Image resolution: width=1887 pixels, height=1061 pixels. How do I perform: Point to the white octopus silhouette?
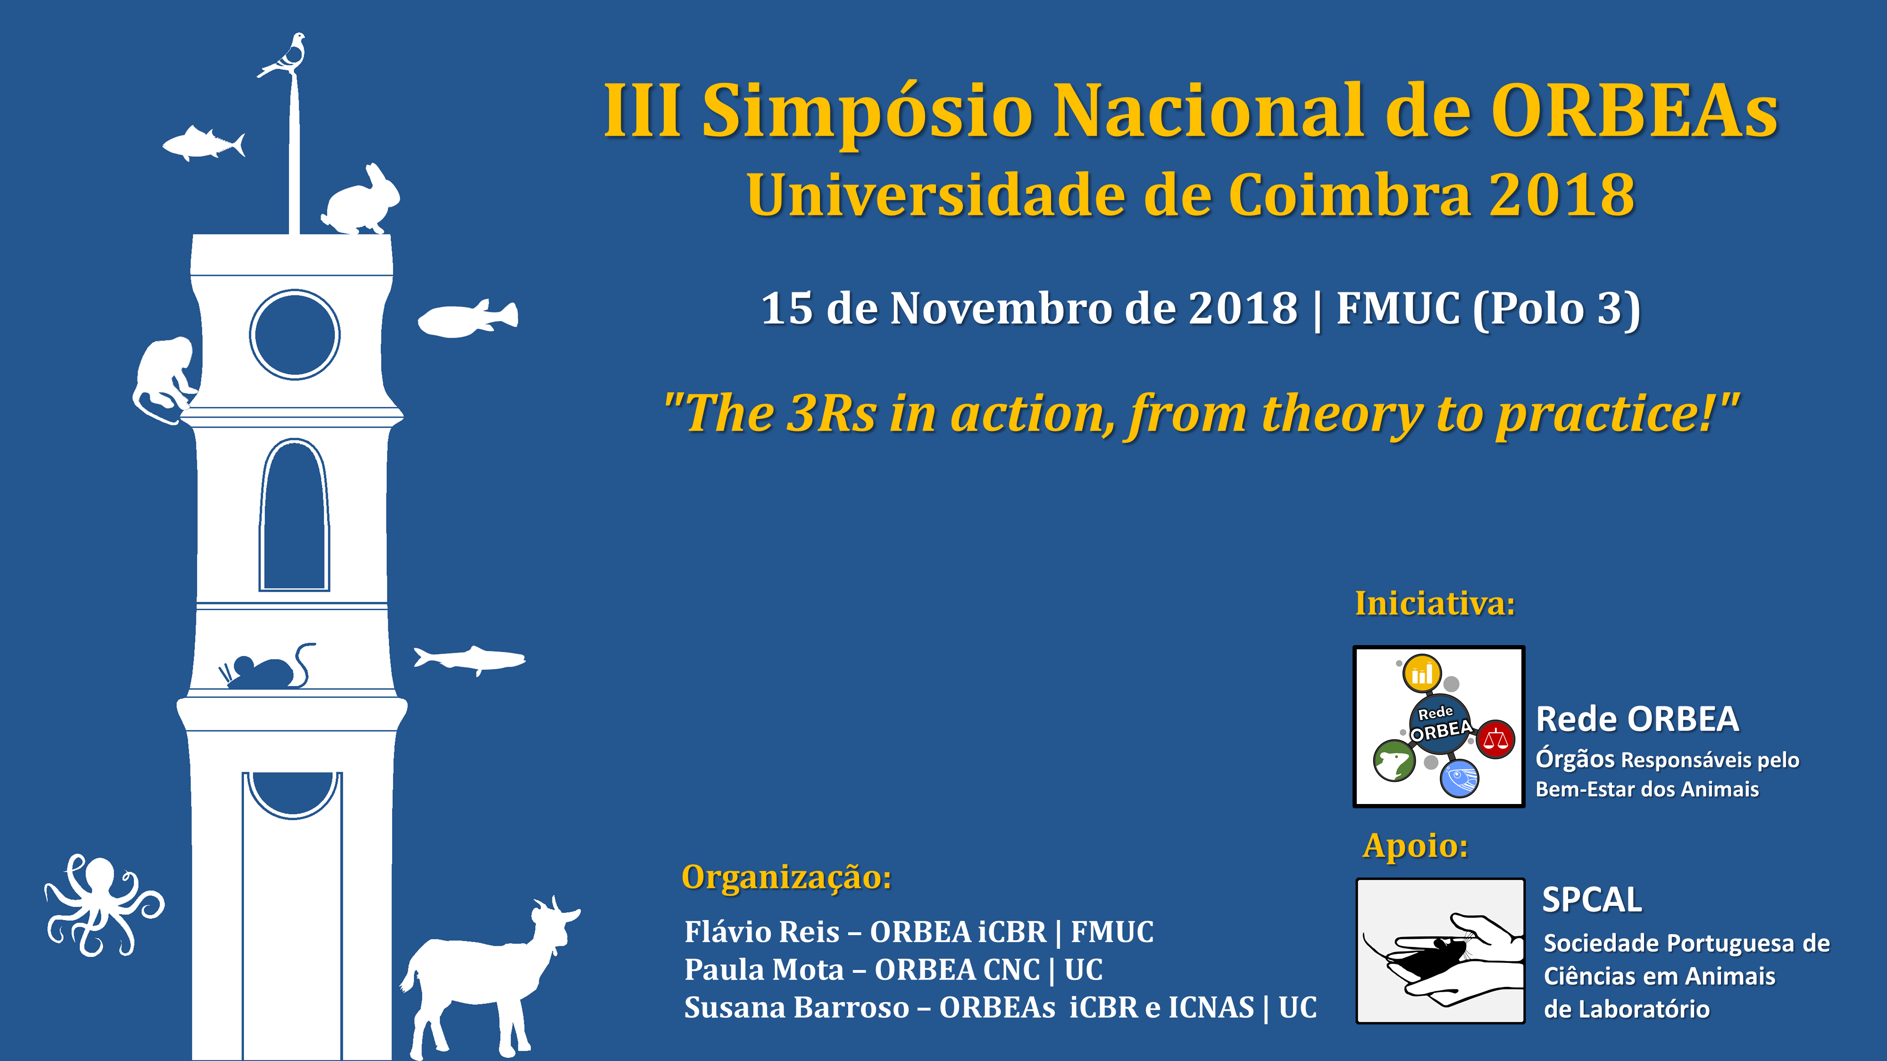(102, 905)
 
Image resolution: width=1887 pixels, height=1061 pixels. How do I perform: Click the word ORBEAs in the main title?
(1634, 111)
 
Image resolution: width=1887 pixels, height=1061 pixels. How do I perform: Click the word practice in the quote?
(1604, 414)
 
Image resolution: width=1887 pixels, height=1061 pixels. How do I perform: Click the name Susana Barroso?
(796, 1008)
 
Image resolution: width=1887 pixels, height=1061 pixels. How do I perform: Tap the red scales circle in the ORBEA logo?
(1495, 739)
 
